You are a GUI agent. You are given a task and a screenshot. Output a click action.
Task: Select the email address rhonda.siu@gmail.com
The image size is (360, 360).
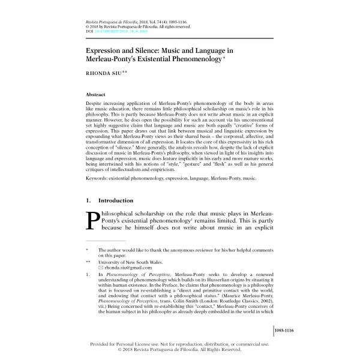pos(124,268)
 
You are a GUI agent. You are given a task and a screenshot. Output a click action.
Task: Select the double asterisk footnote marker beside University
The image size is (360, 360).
pos(88,262)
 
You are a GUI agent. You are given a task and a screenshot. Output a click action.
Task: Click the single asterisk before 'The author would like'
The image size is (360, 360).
pos(87,250)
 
